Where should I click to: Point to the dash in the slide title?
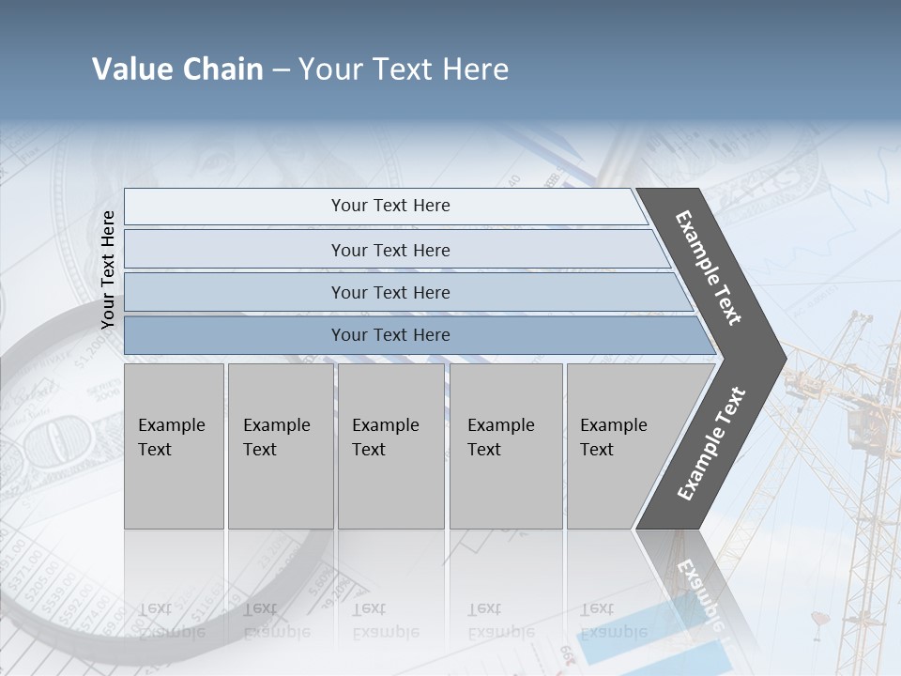click(x=281, y=70)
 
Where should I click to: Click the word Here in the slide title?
click(x=475, y=69)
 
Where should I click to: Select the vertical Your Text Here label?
click(x=108, y=269)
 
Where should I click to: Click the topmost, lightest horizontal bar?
click(x=385, y=206)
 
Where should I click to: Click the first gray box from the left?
click(x=174, y=446)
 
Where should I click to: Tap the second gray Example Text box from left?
click(x=281, y=446)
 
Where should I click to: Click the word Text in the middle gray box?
click(x=369, y=450)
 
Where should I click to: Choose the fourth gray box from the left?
click(x=506, y=446)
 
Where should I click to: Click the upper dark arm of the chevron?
click(x=710, y=268)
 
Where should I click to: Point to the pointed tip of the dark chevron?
click(x=782, y=358)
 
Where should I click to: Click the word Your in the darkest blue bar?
click(x=349, y=335)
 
